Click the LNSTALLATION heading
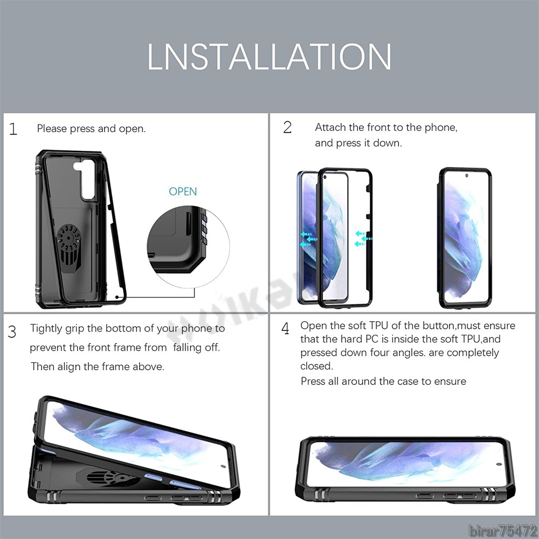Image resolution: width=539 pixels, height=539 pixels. click(x=269, y=57)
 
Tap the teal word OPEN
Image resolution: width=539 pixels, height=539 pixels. click(x=183, y=191)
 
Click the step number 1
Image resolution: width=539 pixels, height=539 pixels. click(x=13, y=129)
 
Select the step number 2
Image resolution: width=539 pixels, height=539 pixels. click(x=287, y=128)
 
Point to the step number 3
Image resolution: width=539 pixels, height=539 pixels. click(x=12, y=331)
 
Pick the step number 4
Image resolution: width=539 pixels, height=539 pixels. click(x=285, y=329)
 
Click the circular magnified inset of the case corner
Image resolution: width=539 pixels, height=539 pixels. click(x=188, y=247)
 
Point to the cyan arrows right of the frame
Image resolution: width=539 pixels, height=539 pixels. click(x=363, y=239)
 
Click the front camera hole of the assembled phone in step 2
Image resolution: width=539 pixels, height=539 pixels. click(x=466, y=176)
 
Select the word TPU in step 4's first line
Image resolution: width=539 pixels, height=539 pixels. click(x=378, y=326)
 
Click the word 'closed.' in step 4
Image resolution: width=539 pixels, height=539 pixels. click(x=316, y=366)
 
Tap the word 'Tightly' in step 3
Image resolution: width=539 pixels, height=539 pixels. click(x=46, y=329)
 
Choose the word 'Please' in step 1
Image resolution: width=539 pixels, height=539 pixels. click(x=52, y=129)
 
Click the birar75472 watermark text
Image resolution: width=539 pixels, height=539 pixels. click(x=502, y=531)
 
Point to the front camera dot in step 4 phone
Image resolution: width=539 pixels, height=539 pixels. click(x=499, y=465)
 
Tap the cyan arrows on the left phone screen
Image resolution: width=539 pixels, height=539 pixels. click(x=308, y=239)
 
